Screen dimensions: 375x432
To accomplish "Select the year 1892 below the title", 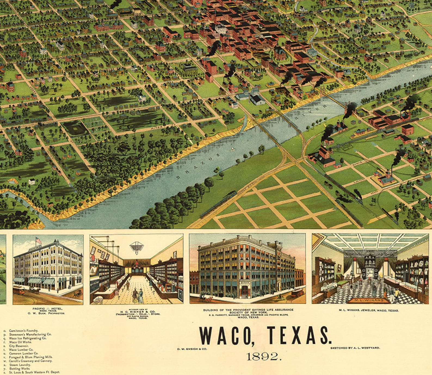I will pos(263,356).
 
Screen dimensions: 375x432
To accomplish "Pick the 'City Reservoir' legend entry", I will pos(18,346).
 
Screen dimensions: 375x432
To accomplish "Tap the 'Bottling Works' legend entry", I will pos(19,368).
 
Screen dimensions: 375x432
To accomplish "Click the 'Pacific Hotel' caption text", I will pos(47,309).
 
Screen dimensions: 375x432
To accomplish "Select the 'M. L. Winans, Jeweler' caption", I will pos(369,310).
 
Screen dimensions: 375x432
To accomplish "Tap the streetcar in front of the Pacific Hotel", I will pos(19,290).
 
